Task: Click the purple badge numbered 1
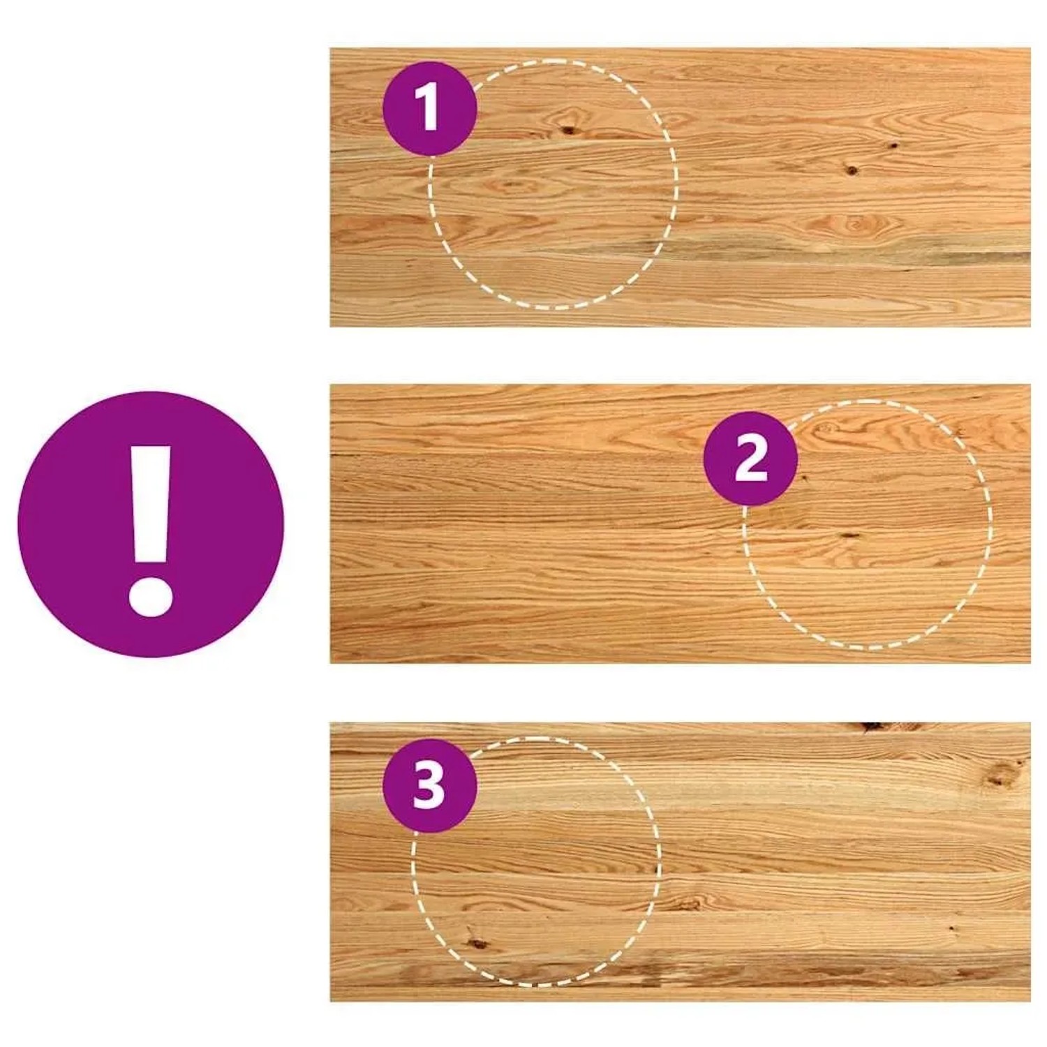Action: click(x=429, y=108)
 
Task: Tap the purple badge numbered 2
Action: click(x=750, y=459)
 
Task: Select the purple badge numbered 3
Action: click(x=429, y=785)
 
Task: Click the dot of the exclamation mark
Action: click(x=150, y=595)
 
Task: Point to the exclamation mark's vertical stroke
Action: click(x=150, y=504)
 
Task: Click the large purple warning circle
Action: click(x=151, y=524)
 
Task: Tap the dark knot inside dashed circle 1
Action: click(x=569, y=130)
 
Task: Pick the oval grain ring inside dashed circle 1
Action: click(x=513, y=186)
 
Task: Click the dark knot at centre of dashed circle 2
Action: click(x=849, y=535)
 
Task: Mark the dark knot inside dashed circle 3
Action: click(x=477, y=943)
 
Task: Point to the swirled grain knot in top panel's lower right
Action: click(x=854, y=225)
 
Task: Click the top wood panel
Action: click(x=681, y=187)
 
